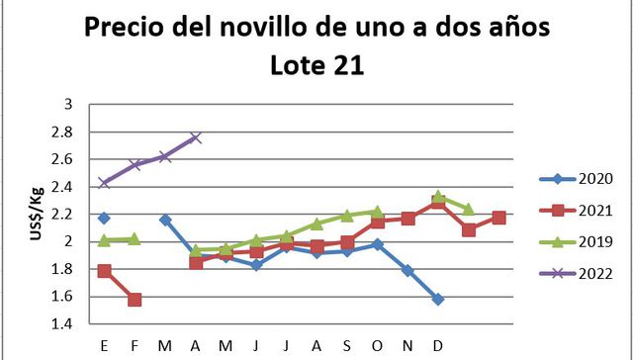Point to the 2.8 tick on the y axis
coord(63,132)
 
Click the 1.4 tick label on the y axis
coord(63,323)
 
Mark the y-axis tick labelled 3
coord(68,104)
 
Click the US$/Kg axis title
coord(36,214)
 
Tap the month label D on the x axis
coord(438,345)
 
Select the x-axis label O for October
coord(377,345)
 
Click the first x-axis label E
coord(105,345)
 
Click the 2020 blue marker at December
coord(438,299)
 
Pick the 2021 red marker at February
coord(135,300)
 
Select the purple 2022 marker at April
coord(196,137)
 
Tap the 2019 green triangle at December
coord(438,197)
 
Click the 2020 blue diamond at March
coord(165,220)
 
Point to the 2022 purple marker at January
coord(105,183)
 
